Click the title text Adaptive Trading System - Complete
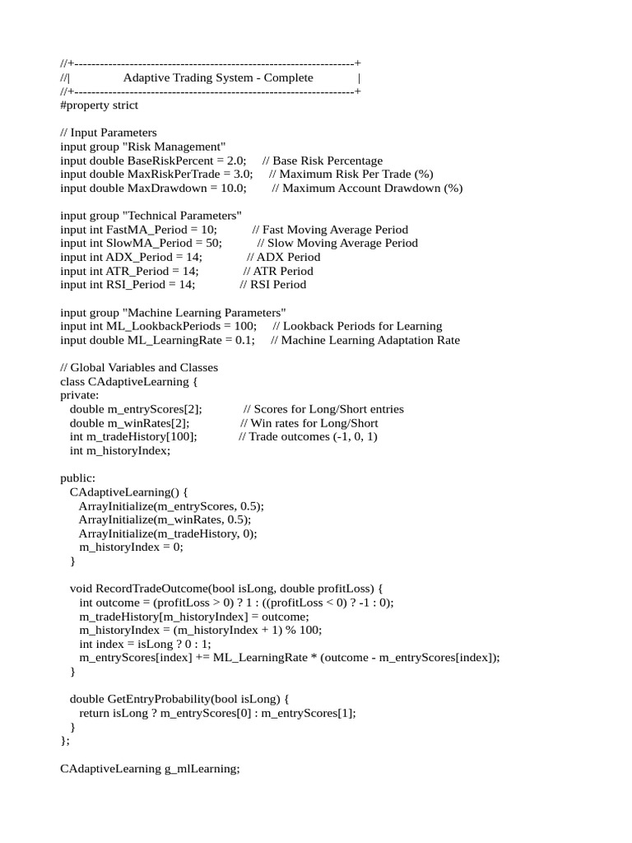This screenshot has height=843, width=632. [x=218, y=77]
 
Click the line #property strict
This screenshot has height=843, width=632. [x=99, y=105]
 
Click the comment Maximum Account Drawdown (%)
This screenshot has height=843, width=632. [x=372, y=189]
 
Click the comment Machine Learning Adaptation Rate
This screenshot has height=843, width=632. [x=370, y=340]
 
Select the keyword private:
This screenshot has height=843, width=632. [x=80, y=395]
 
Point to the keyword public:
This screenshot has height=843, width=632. [x=77, y=478]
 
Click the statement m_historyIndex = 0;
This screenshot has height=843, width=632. [x=131, y=547]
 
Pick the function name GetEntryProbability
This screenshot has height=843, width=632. [x=157, y=699]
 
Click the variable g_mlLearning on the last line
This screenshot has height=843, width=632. [x=202, y=768]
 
